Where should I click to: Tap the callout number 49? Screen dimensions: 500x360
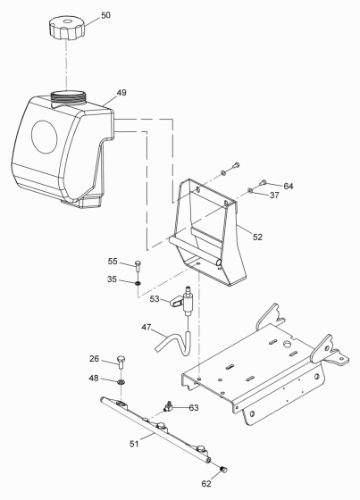point(122,93)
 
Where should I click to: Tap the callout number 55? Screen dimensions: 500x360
point(113,262)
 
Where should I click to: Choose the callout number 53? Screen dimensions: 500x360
point(155,299)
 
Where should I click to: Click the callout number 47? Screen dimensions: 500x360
point(147,329)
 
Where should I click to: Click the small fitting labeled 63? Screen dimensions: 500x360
point(168,406)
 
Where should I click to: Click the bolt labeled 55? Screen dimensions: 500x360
point(138,264)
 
